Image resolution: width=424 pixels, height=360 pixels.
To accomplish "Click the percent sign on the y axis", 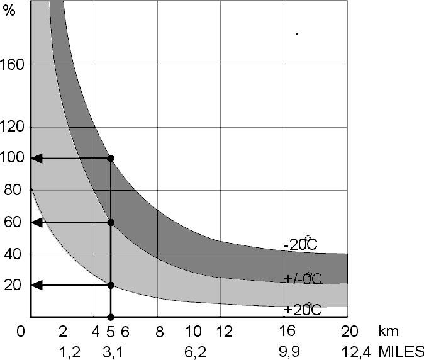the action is click(9, 11).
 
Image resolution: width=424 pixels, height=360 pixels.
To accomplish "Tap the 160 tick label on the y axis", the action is click(12, 65).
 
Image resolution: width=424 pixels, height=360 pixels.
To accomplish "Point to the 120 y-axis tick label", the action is click(12, 127).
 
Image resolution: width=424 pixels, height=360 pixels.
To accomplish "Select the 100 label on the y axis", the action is click(12, 157).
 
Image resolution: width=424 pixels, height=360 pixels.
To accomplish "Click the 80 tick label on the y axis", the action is click(13, 190).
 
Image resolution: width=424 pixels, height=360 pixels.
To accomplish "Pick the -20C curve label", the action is click(301, 244).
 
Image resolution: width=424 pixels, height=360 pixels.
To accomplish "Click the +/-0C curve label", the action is click(303, 278).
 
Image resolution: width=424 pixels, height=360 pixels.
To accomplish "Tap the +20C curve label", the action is click(303, 310).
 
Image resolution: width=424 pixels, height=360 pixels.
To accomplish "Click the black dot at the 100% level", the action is click(111, 159).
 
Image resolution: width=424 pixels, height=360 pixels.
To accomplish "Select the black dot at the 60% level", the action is click(111, 223).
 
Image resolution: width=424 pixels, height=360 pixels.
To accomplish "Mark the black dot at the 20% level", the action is click(111, 285).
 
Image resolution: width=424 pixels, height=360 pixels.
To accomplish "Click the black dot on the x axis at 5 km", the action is click(111, 317).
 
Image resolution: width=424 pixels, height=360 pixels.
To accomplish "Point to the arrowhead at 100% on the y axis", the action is click(37, 159).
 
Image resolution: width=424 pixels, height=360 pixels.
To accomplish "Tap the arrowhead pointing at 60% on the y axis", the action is click(37, 223).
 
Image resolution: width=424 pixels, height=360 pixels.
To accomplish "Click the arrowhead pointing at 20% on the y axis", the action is click(37, 285).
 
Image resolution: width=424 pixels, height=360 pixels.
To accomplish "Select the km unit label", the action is click(388, 331).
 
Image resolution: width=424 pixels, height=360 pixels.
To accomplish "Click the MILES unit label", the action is click(401, 352).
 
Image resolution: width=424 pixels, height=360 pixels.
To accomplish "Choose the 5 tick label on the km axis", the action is click(110, 331).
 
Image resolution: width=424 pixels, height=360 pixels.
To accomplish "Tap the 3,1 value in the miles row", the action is click(113, 352).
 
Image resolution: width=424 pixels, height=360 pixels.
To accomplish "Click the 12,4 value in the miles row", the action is click(356, 352).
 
